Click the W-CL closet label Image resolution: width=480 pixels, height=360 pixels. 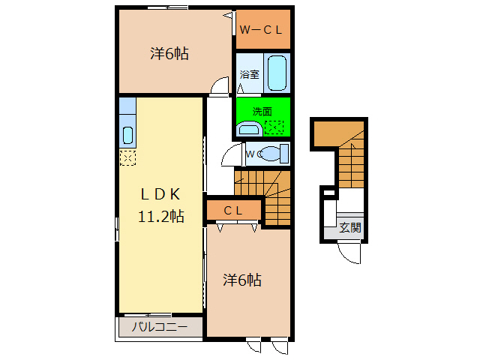pos(260,30)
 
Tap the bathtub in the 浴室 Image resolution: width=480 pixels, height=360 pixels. pos(277,73)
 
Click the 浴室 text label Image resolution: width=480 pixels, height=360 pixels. pos(249,74)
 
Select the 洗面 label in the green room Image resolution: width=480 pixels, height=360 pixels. pos(262,112)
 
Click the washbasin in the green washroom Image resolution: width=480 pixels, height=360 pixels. pos(250,128)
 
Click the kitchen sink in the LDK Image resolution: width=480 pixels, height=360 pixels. pos(127,135)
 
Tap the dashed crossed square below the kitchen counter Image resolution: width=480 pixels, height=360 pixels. pos(127,158)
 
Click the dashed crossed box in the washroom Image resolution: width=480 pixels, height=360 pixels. pos(274,127)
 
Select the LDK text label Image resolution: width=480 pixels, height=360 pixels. pos(160,194)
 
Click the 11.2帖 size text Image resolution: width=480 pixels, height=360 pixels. pos(161,216)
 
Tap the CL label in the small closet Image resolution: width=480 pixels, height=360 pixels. pos(233,211)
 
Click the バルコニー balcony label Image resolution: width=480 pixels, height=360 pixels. pos(160,327)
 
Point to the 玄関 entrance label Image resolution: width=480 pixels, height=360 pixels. pos(350,228)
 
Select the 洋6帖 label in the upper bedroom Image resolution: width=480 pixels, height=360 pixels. pos(169,53)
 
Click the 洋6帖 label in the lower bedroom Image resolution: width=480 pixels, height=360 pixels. pos(241,280)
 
